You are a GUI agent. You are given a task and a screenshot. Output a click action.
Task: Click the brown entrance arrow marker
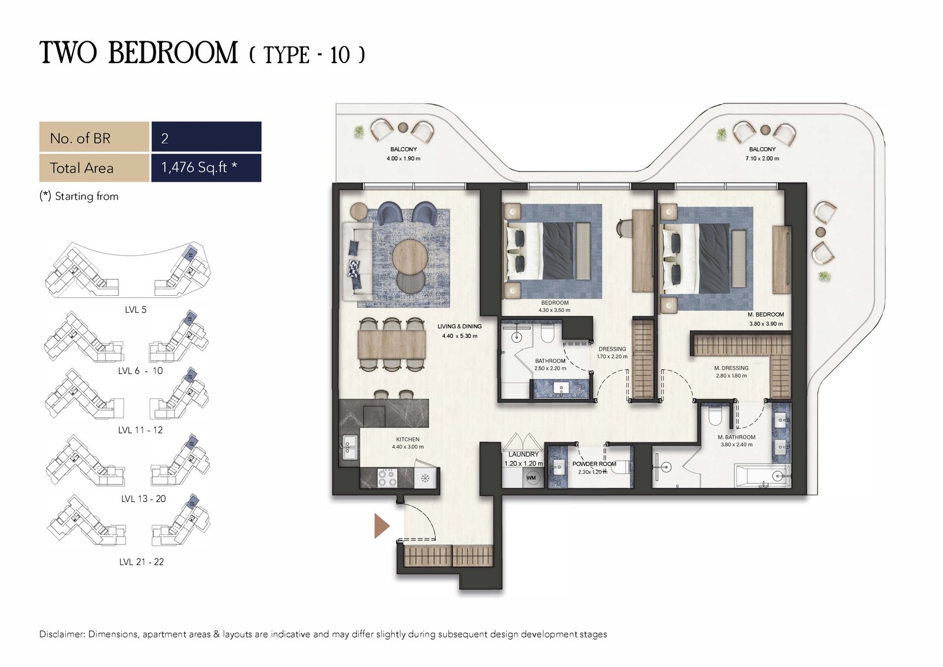point(381,526)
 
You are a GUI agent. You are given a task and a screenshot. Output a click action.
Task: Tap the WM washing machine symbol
point(531,478)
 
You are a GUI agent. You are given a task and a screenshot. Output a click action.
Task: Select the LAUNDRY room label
point(523,454)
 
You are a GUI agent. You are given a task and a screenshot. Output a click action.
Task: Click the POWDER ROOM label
point(594,464)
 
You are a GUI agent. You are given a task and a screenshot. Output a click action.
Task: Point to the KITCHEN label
point(407,440)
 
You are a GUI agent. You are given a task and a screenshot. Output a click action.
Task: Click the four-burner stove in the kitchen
point(387,478)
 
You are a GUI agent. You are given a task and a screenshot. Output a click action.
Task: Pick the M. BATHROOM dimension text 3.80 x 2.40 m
point(736,444)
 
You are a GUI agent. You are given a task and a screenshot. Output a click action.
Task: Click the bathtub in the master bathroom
point(762,476)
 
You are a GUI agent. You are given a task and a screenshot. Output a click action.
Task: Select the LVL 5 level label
point(136,310)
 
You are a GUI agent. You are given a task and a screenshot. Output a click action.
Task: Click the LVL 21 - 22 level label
point(141,562)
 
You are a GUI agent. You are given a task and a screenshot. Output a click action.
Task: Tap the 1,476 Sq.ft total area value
point(199,167)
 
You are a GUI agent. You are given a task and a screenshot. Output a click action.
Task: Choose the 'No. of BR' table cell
point(94,137)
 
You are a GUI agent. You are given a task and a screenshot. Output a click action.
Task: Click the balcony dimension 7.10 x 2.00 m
point(762,159)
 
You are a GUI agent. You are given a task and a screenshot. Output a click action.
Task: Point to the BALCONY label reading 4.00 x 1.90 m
point(403,154)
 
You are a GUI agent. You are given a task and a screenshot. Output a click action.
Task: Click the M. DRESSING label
point(731,368)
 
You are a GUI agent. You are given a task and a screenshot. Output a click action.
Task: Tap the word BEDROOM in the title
point(173,53)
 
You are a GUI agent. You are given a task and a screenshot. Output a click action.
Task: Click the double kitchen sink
point(350,447)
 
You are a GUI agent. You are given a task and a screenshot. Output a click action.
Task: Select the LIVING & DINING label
point(459,326)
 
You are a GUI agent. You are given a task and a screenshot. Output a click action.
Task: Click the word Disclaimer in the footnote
point(62,634)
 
